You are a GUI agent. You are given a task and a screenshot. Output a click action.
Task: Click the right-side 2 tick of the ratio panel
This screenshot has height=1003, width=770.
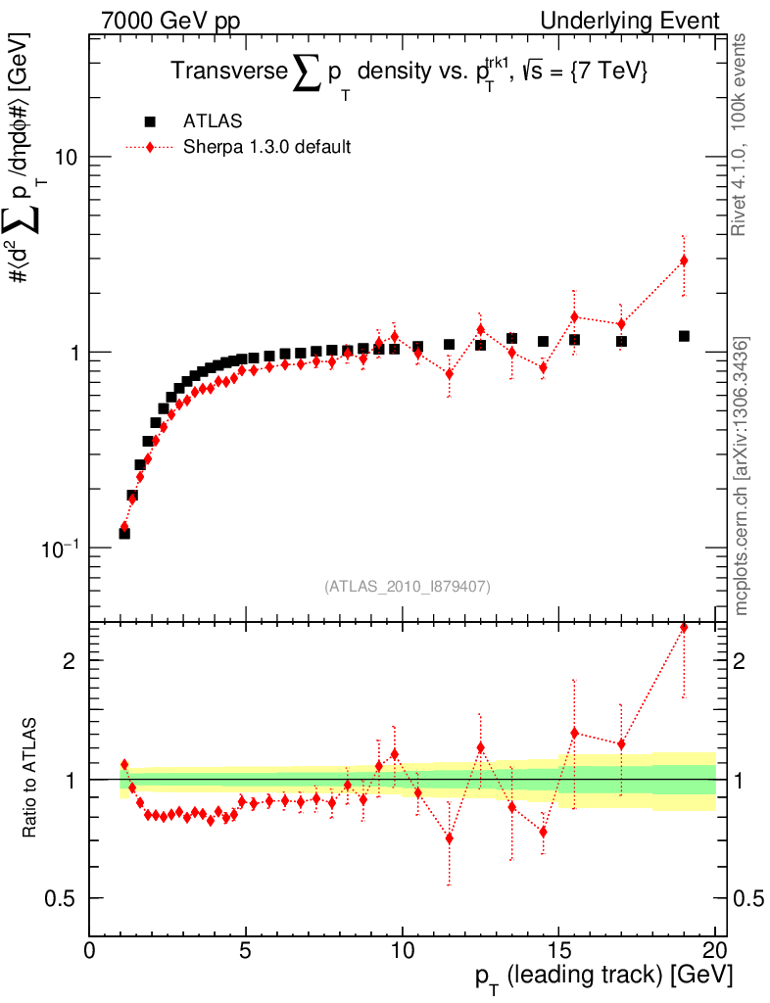pos(745,660)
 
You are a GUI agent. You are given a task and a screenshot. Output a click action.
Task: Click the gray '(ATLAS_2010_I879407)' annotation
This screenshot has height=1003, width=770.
pos(407,586)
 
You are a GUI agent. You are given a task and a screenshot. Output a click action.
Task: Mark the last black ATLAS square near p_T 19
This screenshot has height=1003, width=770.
pos(684,336)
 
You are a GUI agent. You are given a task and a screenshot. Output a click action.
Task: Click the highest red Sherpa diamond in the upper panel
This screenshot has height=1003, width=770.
pos(684,261)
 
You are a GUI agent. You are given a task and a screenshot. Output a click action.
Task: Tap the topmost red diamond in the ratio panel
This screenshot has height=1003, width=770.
pos(684,628)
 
